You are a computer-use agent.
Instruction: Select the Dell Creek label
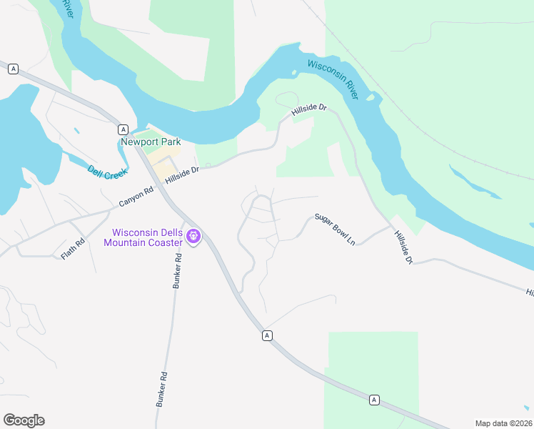pos(107,172)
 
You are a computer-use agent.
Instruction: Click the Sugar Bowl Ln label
pos(335,229)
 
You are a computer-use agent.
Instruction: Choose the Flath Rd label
pos(73,249)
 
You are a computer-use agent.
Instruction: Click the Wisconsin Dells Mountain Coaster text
pos(143,237)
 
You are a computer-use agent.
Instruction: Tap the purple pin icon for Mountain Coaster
pos(193,236)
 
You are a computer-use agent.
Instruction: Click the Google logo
pos(24,420)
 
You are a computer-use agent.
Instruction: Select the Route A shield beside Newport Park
pos(124,129)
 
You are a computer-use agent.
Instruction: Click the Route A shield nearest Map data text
pos(373,400)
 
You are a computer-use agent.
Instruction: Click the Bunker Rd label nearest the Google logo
pos(162,389)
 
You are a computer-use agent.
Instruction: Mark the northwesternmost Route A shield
pos(13,69)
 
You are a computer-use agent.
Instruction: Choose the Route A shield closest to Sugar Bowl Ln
pos(266,335)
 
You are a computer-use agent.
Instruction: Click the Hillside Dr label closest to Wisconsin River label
pos(308,111)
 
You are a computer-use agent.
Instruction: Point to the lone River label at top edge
pos(68,9)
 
